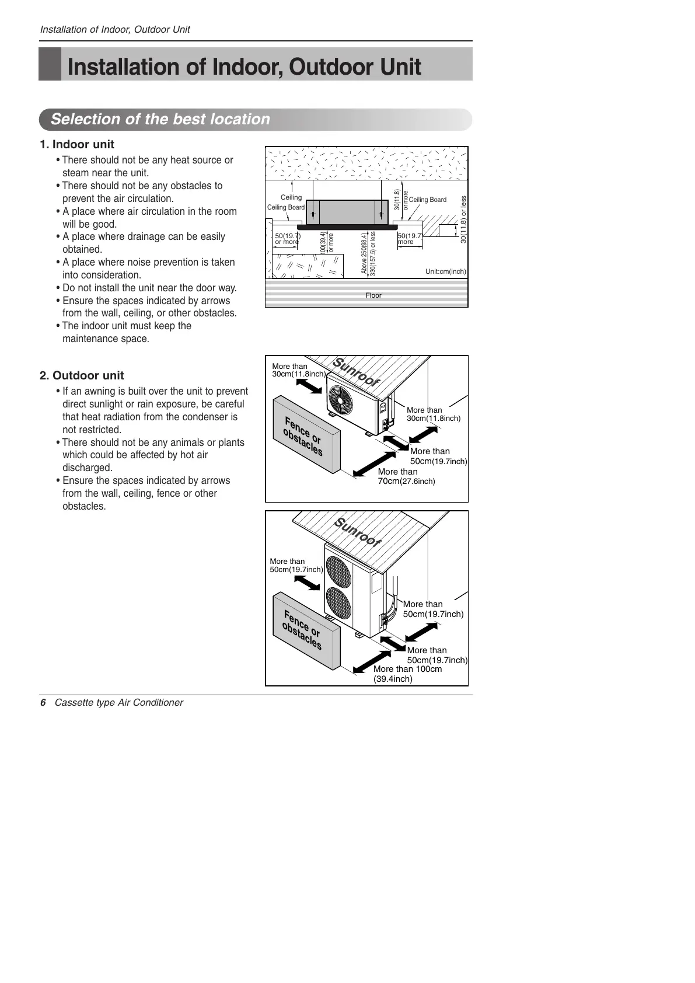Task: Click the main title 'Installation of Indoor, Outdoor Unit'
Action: pos(244,67)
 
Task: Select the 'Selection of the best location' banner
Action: pos(160,119)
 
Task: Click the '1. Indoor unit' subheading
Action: pos(77,144)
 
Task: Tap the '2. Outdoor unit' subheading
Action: pos(82,375)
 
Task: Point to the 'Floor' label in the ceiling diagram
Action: pos(373,295)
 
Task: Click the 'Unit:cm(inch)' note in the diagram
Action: pos(445,271)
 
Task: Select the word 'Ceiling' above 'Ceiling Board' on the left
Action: pos(291,197)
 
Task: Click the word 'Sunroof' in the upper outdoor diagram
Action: pos(356,372)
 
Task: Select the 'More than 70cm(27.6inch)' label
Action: pos(406,476)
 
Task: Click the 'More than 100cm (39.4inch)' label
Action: pos(407,674)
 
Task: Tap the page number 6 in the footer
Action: pos(43,702)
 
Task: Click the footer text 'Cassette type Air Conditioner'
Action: pos(118,702)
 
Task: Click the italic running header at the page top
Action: pos(114,29)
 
